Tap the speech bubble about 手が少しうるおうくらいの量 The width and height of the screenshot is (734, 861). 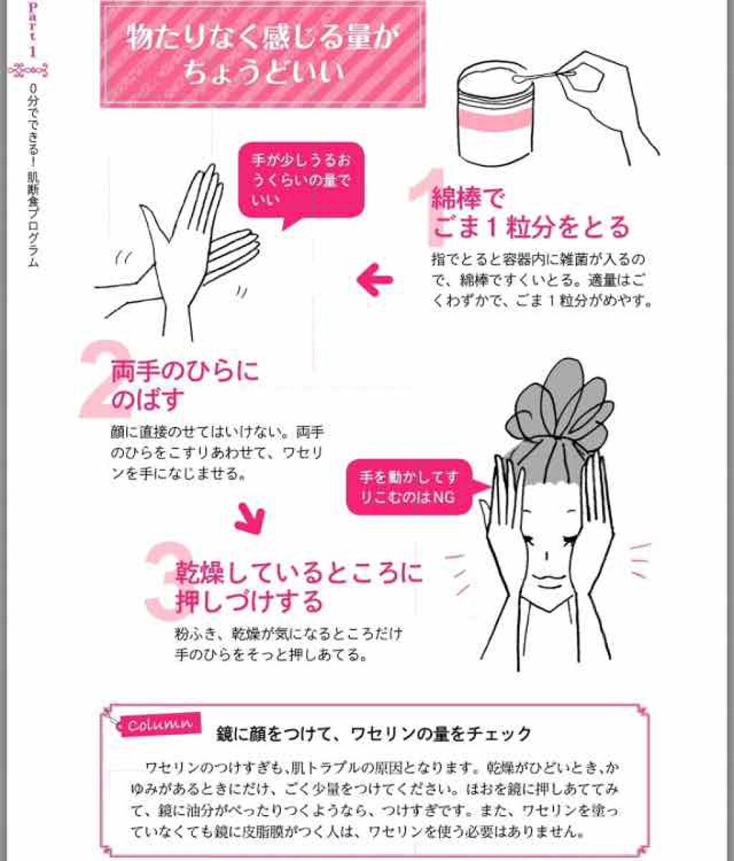tap(301, 179)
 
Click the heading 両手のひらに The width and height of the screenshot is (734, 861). tap(184, 372)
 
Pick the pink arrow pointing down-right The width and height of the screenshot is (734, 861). tap(250, 518)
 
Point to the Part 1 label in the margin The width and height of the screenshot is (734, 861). tap(32, 29)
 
